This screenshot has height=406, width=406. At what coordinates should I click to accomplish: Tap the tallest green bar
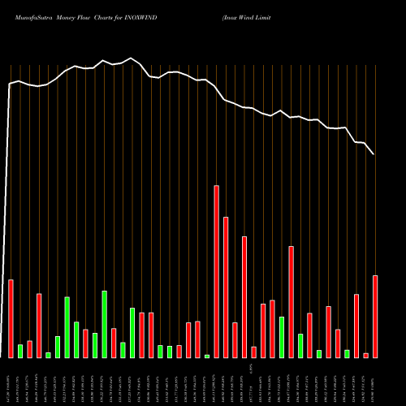coord(105,324)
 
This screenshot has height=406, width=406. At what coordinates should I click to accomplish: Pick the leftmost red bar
coord(11,318)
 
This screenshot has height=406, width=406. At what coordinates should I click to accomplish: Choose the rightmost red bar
coord(375,317)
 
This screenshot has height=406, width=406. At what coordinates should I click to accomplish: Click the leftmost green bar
coord(20,351)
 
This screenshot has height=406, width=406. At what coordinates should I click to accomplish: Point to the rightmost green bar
coord(347,353)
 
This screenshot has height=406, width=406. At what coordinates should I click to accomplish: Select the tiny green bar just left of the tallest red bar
coord(207,356)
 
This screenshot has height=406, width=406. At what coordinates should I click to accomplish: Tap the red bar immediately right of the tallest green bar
coord(114,343)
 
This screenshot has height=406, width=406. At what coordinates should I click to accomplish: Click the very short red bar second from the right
coord(366,355)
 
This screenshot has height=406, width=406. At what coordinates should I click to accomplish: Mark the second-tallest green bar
coord(67,327)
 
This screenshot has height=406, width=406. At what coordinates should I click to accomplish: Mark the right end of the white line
coord(374,154)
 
